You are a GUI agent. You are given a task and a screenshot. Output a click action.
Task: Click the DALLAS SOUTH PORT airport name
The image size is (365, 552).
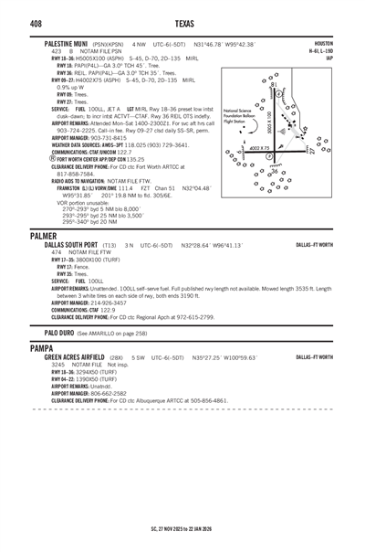coord(74,246)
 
